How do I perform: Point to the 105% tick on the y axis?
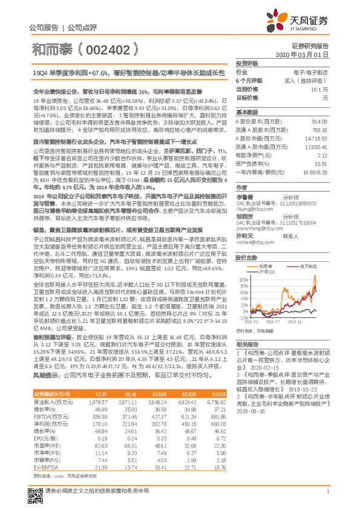[243, 264]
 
